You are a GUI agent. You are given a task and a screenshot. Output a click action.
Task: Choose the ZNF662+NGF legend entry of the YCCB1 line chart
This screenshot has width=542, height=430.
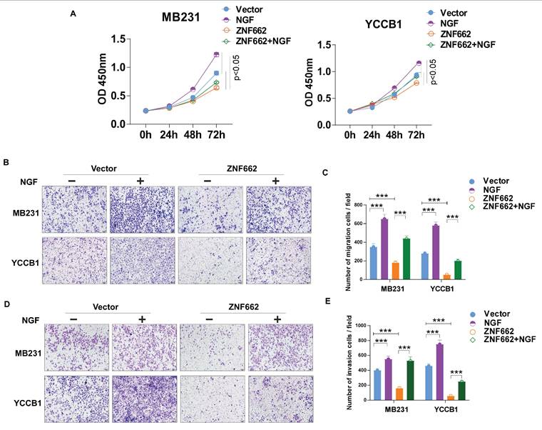468,45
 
